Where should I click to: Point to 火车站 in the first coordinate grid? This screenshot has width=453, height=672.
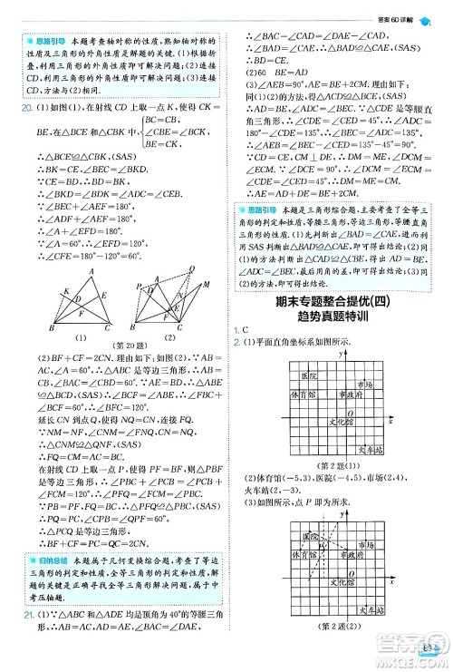coord(372,448)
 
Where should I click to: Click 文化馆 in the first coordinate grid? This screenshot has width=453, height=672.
coord(336,421)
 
